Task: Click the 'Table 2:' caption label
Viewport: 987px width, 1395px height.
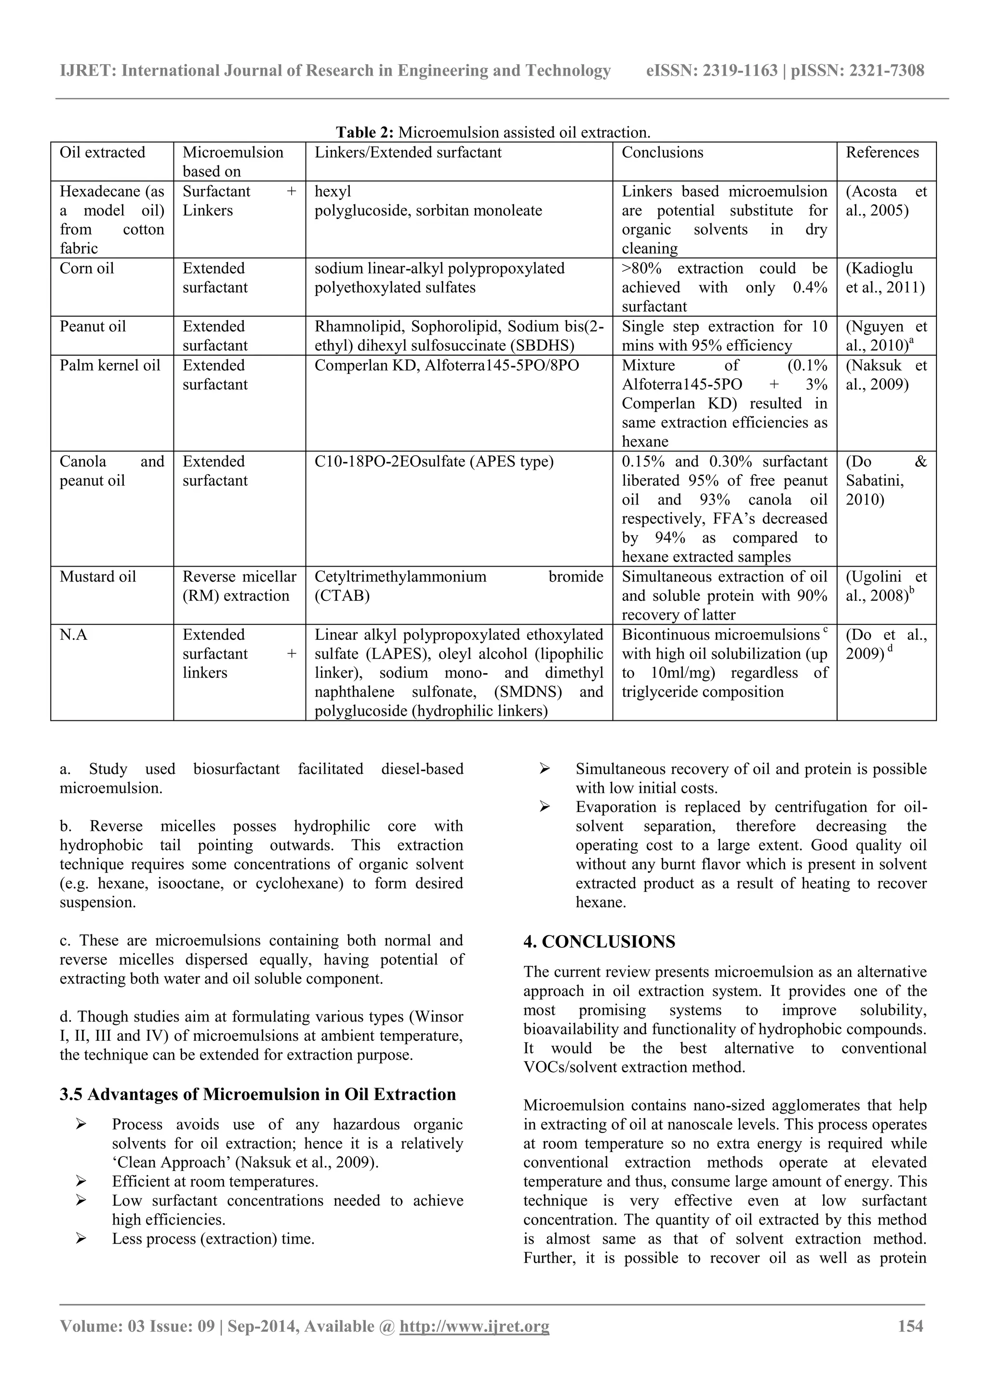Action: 365,133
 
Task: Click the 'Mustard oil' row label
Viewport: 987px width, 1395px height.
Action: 98,577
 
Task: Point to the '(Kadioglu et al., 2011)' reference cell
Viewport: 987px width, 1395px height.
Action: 885,278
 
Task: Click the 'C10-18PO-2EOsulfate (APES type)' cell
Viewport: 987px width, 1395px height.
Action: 434,462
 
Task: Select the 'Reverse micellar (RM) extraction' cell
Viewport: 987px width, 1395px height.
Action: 240,586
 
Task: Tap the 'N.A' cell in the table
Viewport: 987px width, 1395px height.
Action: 74,635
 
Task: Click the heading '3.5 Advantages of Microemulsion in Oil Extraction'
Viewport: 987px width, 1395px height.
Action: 258,1094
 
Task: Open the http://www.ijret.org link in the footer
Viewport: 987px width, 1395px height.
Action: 474,1327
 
